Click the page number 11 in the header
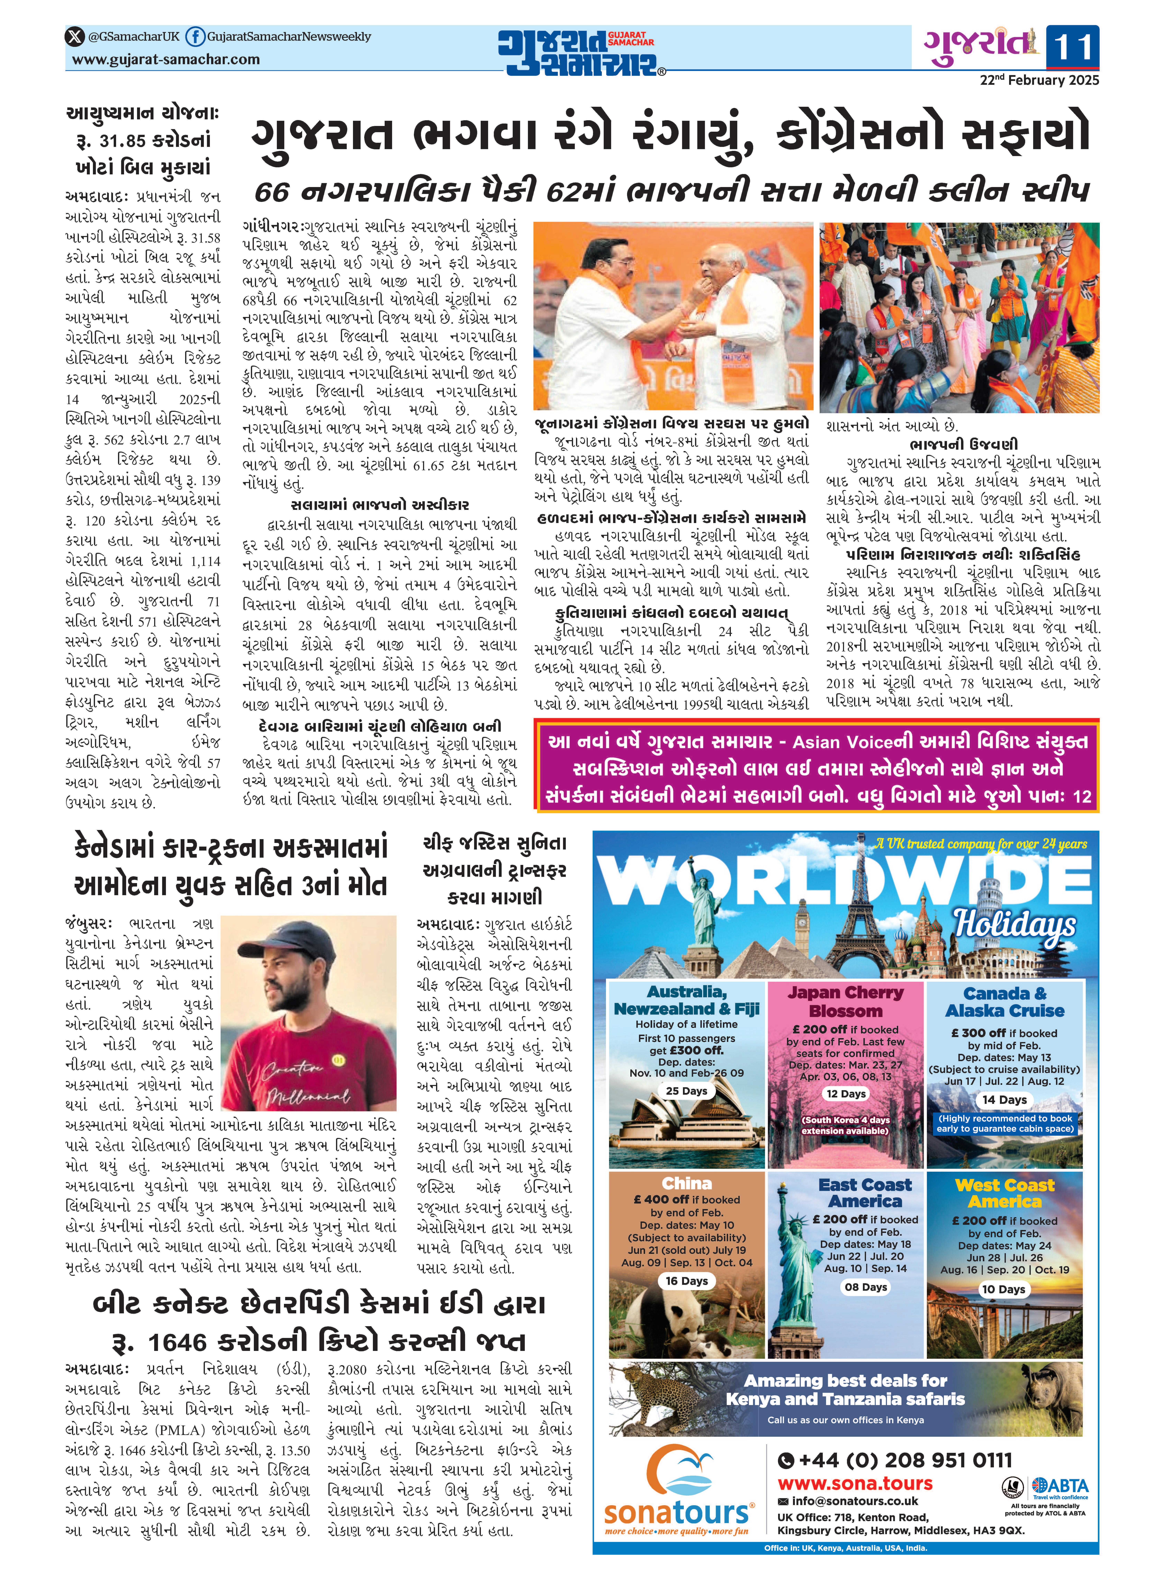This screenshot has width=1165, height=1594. point(1072,48)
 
